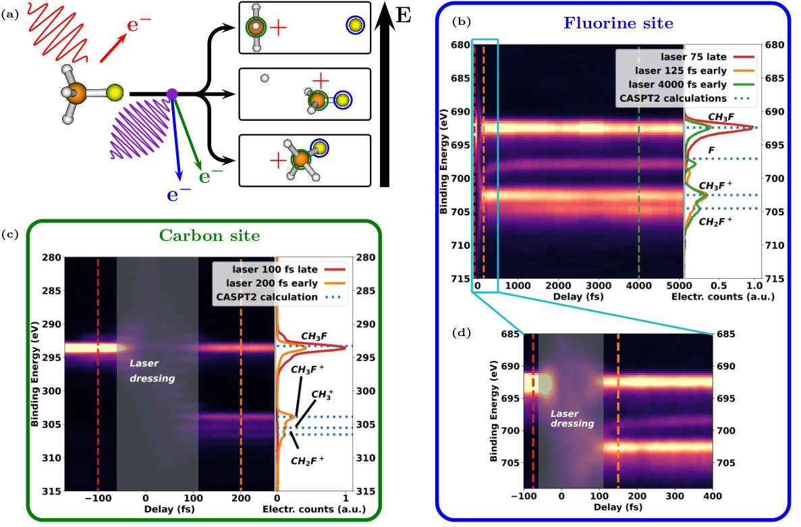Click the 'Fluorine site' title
[x=619, y=24]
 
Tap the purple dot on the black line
[x=172, y=94]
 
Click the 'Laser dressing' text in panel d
[x=572, y=418]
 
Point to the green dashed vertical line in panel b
[x=638, y=162]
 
